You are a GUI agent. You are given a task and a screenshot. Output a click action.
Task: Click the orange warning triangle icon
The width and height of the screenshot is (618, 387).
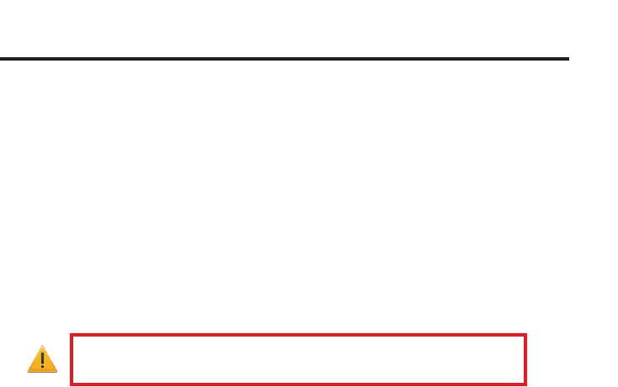[42, 360]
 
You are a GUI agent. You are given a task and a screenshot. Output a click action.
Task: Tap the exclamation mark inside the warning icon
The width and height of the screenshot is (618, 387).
[42, 361]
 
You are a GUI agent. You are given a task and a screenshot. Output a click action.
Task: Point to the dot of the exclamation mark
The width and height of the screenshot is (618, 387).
[42, 367]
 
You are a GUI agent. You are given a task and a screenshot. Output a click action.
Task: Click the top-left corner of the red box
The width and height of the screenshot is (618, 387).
[71, 335]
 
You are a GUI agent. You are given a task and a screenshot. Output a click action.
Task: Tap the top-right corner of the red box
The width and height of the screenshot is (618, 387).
[526, 335]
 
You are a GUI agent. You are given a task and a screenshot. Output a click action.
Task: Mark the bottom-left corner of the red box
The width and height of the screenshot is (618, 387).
[71, 384]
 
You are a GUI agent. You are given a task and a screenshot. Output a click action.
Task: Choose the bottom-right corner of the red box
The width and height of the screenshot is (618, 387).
[526, 384]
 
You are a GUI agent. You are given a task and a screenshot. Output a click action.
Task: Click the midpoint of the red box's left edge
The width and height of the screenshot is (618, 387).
[71, 360]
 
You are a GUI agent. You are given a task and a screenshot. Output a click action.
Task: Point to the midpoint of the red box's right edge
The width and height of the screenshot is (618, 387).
[526, 360]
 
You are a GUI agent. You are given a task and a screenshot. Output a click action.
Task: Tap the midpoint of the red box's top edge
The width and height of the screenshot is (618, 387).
[299, 335]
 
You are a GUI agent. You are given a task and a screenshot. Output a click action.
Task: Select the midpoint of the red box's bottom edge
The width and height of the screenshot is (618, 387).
[299, 384]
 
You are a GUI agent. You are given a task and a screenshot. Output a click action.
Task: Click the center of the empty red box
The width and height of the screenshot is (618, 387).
[299, 360]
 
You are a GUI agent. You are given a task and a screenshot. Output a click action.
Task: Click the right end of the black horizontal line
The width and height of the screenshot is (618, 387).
[568, 59]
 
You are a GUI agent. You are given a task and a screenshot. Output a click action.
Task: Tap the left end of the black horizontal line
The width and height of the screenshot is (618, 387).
[1, 59]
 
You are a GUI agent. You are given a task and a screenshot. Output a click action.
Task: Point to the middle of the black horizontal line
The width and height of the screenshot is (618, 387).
[285, 59]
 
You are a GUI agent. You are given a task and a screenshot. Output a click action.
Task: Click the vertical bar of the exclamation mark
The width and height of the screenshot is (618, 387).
[42, 358]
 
